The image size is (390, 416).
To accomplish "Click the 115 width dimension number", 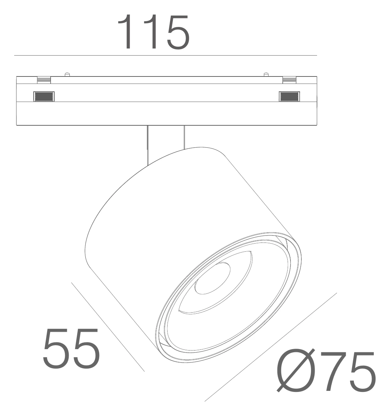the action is [153, 32].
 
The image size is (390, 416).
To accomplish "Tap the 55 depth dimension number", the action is [72, 348].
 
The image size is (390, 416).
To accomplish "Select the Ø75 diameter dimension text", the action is [326, 371].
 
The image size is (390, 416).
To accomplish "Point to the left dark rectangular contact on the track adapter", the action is [44, 96].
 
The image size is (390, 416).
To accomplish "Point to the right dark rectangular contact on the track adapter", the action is [289, 96].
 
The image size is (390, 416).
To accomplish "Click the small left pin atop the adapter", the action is [67, 74].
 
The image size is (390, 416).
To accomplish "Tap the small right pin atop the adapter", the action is [266, 74].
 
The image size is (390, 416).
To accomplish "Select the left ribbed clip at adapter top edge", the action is [44, 80].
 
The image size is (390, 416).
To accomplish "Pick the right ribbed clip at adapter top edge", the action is [289, 80].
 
